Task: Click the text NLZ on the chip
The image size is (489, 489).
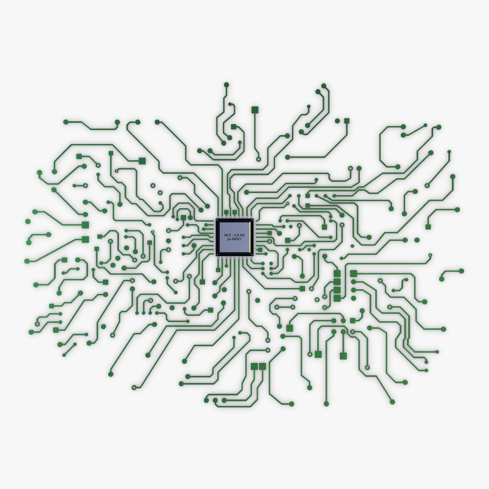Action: coord(227,235)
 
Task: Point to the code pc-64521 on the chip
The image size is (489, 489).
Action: coord(235,239)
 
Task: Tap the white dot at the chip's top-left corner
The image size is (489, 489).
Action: coord(217,220)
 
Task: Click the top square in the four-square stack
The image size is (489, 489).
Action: coord(337,273)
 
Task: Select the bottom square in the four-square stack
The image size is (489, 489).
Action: coord(337,298)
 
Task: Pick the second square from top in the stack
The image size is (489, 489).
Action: coord(337,282)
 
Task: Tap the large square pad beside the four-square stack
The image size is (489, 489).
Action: coord(354,273)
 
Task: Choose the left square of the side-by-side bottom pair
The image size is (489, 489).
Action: coord(254,365)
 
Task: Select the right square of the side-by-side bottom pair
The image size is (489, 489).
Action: coord(263,365)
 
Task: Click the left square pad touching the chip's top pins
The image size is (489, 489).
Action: coord(226,212)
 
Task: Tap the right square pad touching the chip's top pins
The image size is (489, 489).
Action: coord(235,212)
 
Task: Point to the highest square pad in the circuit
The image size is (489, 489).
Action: coord(254,109)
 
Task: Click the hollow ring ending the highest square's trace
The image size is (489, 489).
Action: coord(258,159)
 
